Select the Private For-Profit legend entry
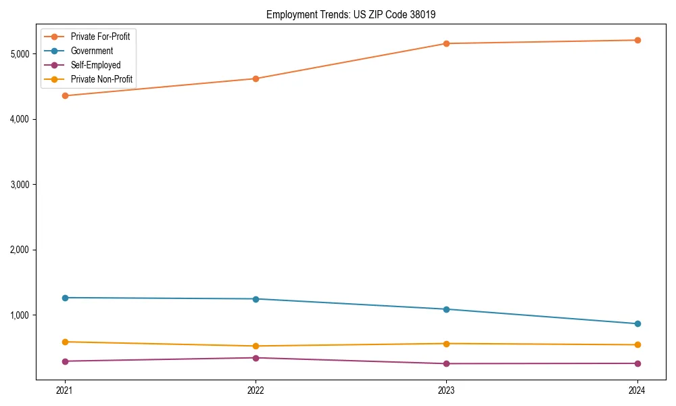100,37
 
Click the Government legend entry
92,51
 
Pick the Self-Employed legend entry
95,65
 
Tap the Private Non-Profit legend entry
101,79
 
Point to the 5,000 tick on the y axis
23,53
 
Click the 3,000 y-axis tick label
23,184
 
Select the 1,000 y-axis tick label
23,315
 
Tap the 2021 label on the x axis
65,390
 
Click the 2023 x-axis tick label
446,390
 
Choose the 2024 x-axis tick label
637,390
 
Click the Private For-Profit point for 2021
65,95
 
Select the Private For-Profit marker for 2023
446,43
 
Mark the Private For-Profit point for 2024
637,40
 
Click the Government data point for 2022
256,299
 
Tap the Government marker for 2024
637,323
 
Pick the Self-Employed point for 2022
256,358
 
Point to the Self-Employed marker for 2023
446,364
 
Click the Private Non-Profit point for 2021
65,342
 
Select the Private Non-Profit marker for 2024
637,345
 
